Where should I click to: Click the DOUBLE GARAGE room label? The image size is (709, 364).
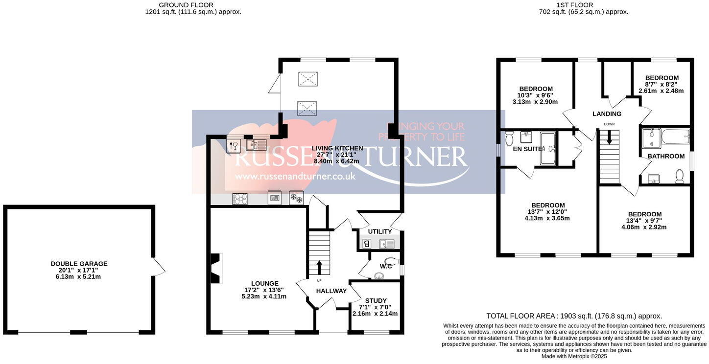point(79,264)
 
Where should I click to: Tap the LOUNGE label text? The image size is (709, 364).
point(265,283)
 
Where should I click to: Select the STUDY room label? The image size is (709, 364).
point(376,300)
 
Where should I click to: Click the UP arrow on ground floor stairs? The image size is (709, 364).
point(319,268)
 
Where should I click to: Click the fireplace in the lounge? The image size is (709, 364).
point(216,268)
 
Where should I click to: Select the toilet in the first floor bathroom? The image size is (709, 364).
point(680,176)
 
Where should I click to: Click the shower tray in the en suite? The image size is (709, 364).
point(548,148)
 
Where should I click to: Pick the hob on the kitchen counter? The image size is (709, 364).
point(240,199)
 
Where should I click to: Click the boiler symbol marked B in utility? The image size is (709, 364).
point(367,243)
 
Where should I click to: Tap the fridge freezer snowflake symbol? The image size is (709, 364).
point(296,198)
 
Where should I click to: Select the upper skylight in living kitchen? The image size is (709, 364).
point(308,78)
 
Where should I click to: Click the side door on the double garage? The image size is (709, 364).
point(158,266)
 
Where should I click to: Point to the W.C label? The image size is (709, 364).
point(386,266)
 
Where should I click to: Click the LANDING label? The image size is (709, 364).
point(607,114)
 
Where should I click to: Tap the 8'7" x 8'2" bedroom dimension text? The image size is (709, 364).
point(661,84)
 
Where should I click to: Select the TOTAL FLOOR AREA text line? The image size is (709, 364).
point(574,316)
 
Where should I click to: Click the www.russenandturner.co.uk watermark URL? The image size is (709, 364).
point(295,176)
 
